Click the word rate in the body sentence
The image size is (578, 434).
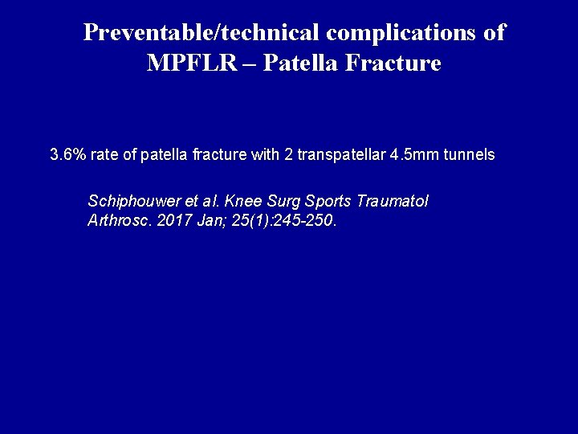click(108, 154)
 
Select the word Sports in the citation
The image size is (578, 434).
click(329, 201)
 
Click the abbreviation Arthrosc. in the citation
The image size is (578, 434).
click(116, 220)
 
